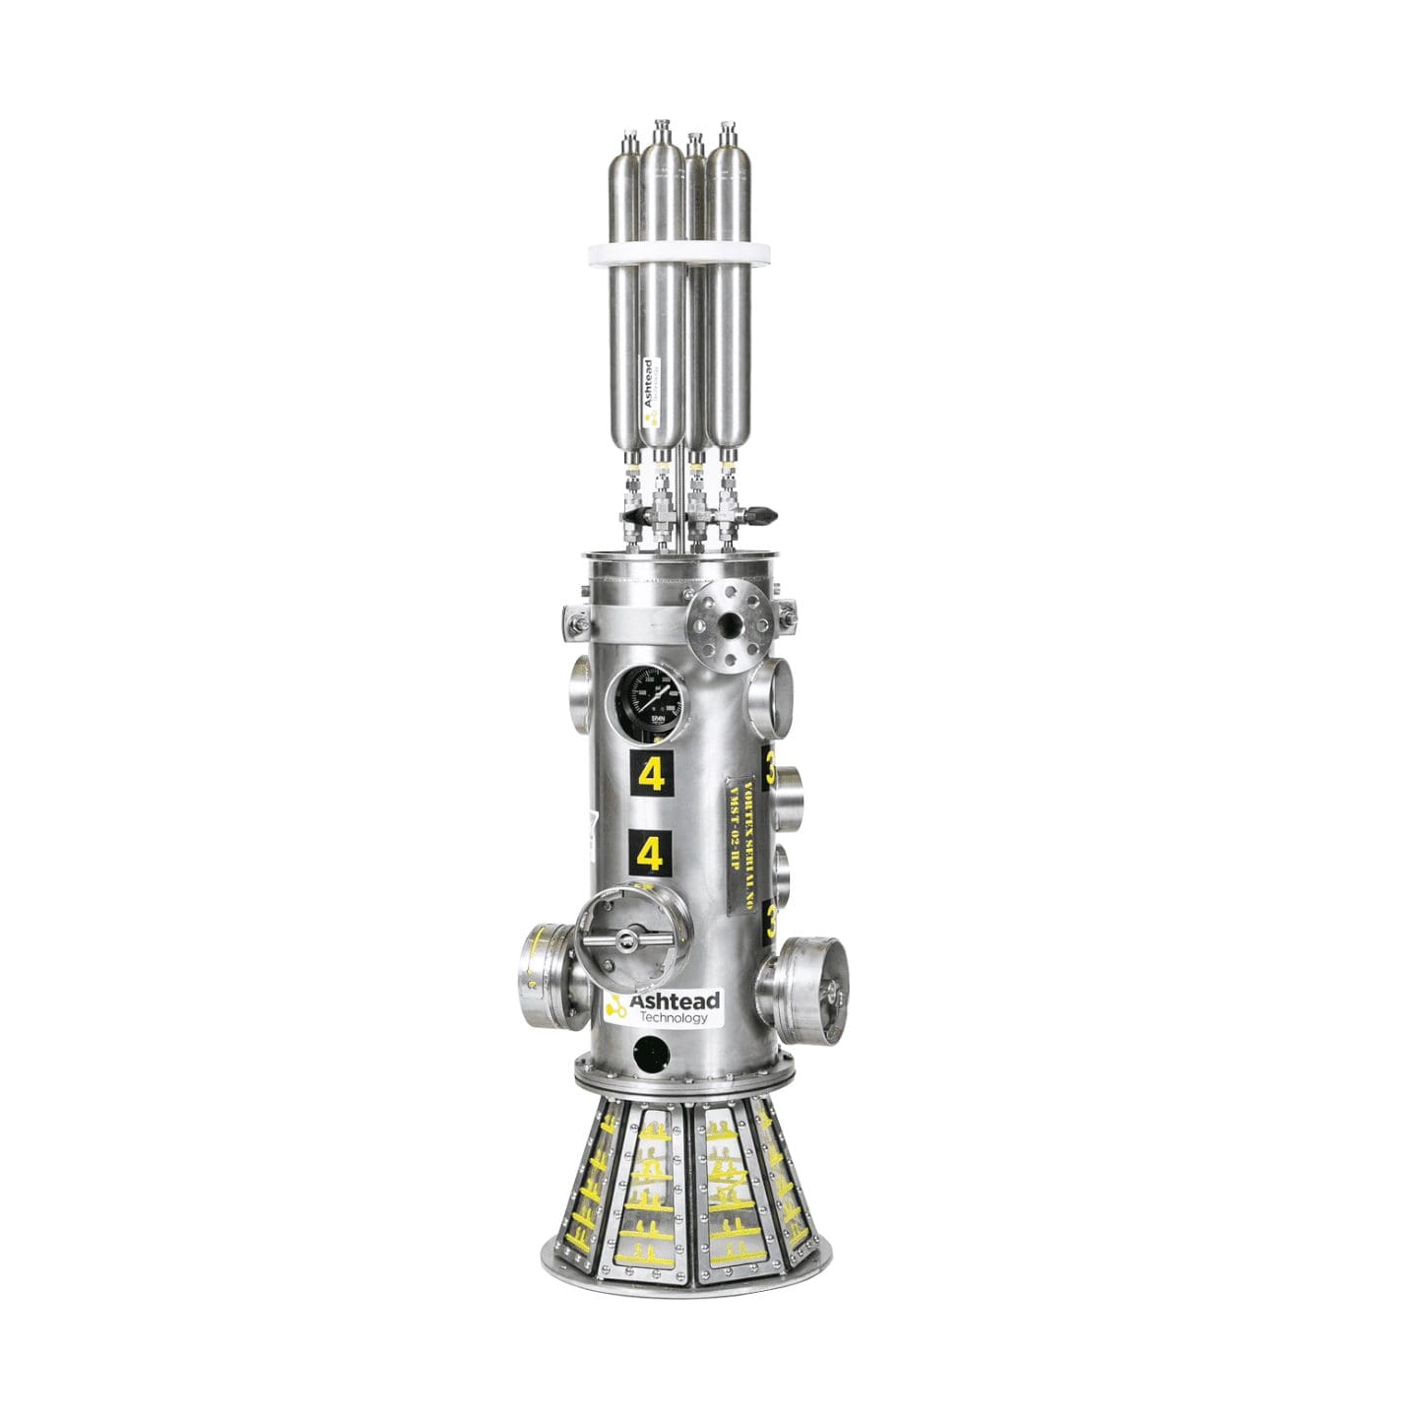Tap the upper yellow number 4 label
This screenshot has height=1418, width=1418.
pyautogui.click(x=650, y=775)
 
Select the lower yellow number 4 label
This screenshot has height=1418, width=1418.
pyautogui.click(x=650, y=855)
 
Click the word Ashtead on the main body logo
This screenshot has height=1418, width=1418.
pyautogui.click(x=675, y=1001)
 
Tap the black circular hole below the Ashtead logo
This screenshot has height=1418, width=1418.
pyautogui.click(x=648, y=1054)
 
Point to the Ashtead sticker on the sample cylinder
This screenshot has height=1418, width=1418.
pyautogui.click(x=648, y=388)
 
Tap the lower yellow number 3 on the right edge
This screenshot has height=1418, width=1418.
pyautogui.click(x=771, y=922)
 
